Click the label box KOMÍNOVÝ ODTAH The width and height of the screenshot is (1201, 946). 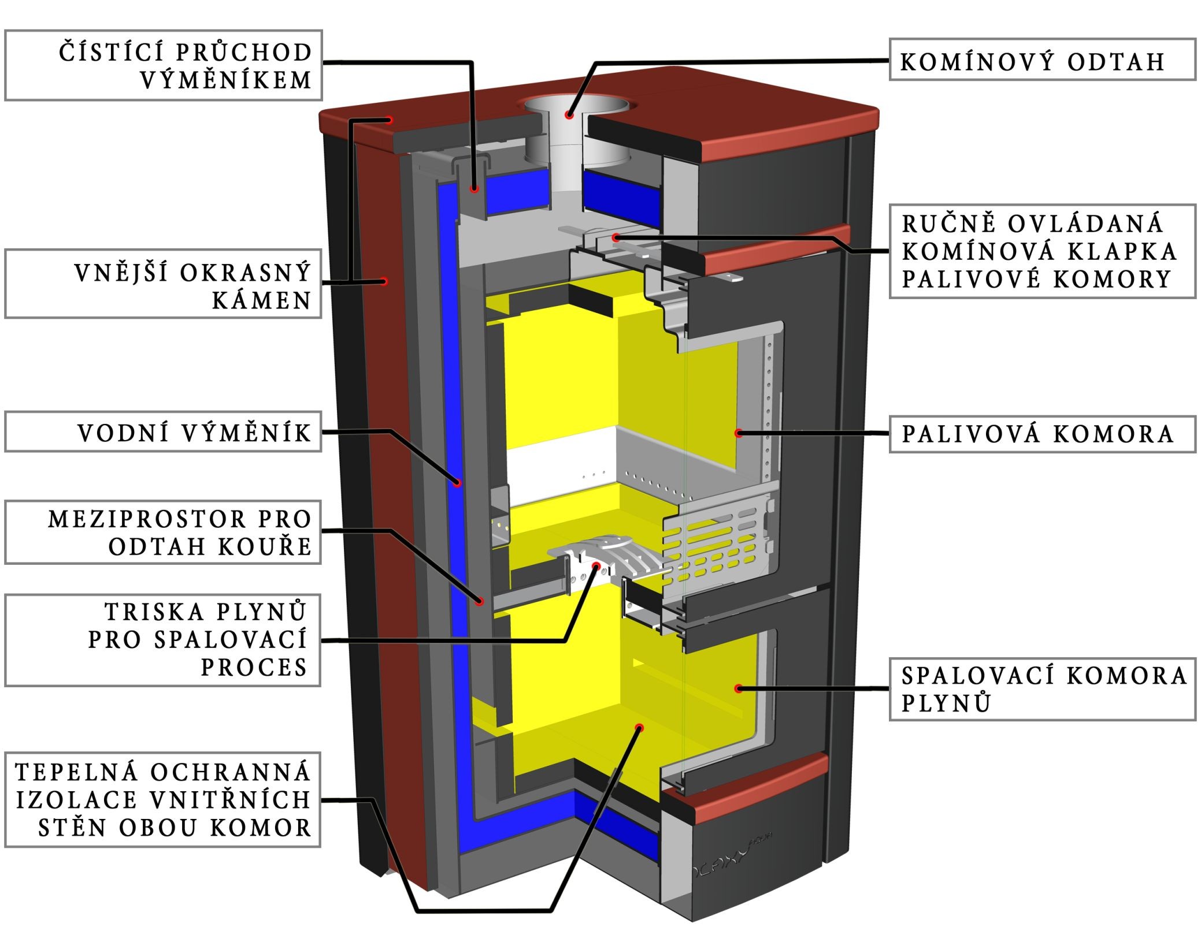point(1041,59)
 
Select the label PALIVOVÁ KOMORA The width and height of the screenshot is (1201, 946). point(1041,434)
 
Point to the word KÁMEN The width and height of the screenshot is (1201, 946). point(262,300)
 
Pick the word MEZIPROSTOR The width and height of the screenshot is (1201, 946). point(147,519)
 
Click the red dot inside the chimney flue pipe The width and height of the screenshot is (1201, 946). point(569,115)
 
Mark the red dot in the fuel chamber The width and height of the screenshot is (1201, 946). point(738,433)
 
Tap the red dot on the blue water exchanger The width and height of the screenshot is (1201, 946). point(458,483)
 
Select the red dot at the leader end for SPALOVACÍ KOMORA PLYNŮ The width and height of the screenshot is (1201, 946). point(738,688)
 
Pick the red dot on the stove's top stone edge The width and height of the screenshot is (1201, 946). point(391,120)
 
